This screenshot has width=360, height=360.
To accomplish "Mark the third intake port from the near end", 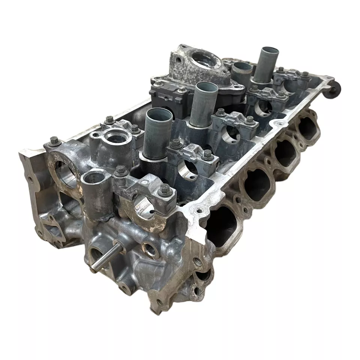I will coord(286,152).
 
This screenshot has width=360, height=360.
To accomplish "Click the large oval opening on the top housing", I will coord(205,60).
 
